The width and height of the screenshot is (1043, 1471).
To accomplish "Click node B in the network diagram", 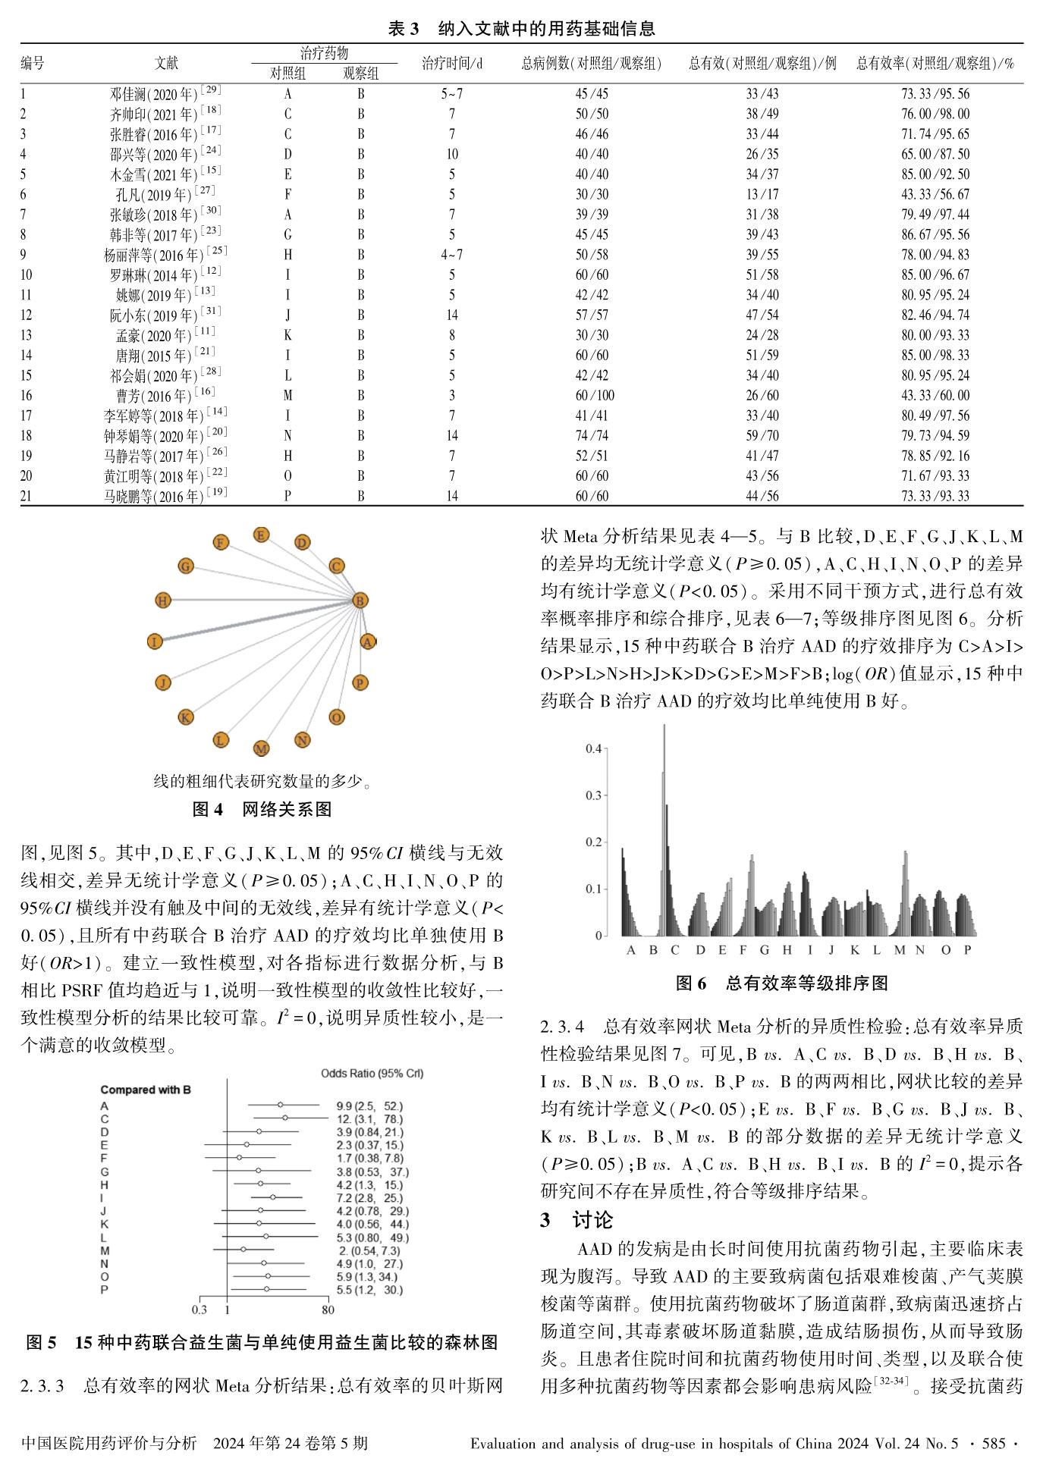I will [360, 601].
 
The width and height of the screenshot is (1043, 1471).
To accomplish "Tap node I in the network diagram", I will [155, 641].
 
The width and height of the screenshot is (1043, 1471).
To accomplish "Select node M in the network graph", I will [261, 748].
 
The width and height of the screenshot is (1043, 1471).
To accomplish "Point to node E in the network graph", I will [261, 535].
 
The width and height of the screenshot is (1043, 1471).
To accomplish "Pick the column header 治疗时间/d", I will [452, 64].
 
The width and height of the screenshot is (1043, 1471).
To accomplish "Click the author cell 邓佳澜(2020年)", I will [165, 94].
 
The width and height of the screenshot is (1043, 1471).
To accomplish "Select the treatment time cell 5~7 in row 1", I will [452, 94].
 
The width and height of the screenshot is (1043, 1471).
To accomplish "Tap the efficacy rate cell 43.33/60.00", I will [935, 396].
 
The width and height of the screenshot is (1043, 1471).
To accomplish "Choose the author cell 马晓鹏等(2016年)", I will [165, 497].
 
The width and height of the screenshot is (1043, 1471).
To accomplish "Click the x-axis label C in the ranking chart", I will [674, 950].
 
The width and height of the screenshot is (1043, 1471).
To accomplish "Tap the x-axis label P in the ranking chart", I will [967, 950].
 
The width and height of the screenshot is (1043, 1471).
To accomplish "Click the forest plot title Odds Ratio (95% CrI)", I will [372, 1073].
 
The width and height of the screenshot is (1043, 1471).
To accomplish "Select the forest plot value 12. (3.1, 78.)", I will [369, 1119].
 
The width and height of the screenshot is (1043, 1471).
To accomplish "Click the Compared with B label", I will [146, 1090].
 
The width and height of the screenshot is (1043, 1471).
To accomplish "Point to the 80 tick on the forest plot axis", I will [328, 1309].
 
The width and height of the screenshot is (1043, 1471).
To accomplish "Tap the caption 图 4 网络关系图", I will [262, 810].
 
